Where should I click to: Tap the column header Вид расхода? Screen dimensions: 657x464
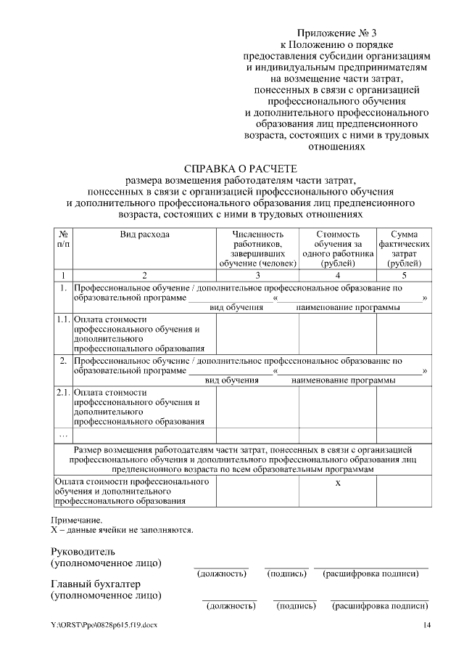point(144,234)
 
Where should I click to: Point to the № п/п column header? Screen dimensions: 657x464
point(63,240)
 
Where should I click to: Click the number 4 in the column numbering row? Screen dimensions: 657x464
point(338,275)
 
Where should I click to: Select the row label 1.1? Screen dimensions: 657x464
point(63,319)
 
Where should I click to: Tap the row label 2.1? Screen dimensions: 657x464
point(63,393)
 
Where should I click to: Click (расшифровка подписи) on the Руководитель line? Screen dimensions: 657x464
point(371,574)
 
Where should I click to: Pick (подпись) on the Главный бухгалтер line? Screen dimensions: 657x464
point(295,605)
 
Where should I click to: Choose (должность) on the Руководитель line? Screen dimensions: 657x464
point(222,574)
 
